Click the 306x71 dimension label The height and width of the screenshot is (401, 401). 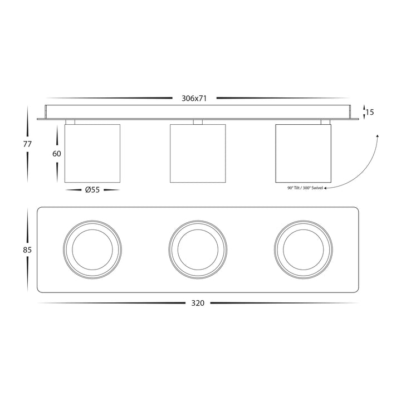tap(194, 99)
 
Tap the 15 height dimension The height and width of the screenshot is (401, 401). tap(370, 112)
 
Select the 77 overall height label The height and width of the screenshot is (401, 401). tap(27, 144)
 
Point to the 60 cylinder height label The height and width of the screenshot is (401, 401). tap(57, 154)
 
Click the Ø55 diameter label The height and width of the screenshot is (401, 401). tap(92, 190)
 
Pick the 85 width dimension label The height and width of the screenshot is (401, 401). tap(27, 250)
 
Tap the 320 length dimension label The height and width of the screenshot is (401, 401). tap(198, 303)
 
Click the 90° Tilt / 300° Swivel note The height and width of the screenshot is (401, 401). tap(305, 188)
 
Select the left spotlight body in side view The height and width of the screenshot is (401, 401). tap(92, 154)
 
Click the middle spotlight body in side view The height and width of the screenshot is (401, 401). tap(198, 154)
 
